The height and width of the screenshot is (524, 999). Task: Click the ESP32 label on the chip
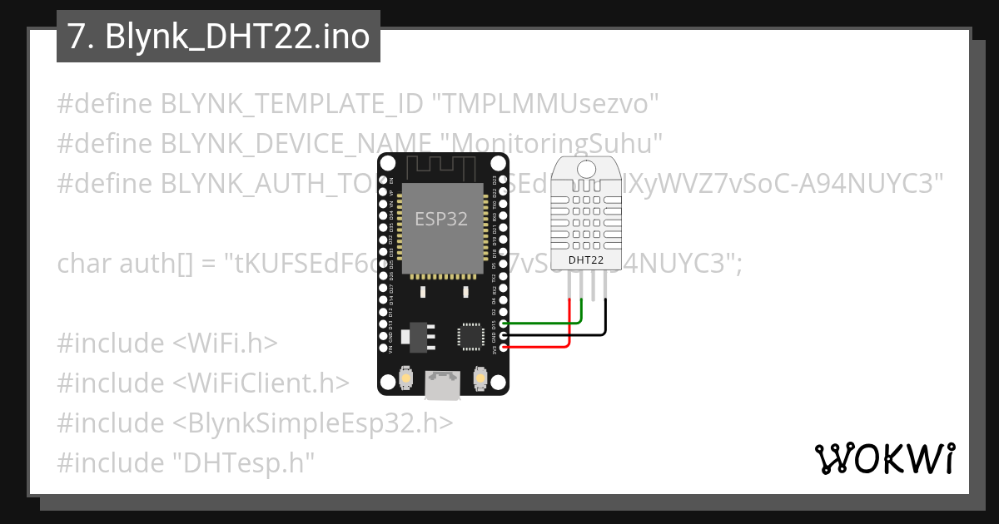coord(441,220)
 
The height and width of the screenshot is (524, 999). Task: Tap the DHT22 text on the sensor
coord(586,260)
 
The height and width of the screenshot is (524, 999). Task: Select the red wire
coord(541,345)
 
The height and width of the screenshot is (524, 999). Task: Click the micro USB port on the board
coord(442,384)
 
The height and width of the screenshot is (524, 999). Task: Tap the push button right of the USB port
coord(479,378)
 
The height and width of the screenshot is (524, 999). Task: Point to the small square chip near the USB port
coord(469,337)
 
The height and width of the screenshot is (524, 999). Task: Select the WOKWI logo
coord(884,458)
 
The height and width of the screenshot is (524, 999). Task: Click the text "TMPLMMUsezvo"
coord(550,105)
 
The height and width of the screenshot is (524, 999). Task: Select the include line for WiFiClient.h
coord(203,383)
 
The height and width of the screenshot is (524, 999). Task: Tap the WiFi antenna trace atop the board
coord(442,166)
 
